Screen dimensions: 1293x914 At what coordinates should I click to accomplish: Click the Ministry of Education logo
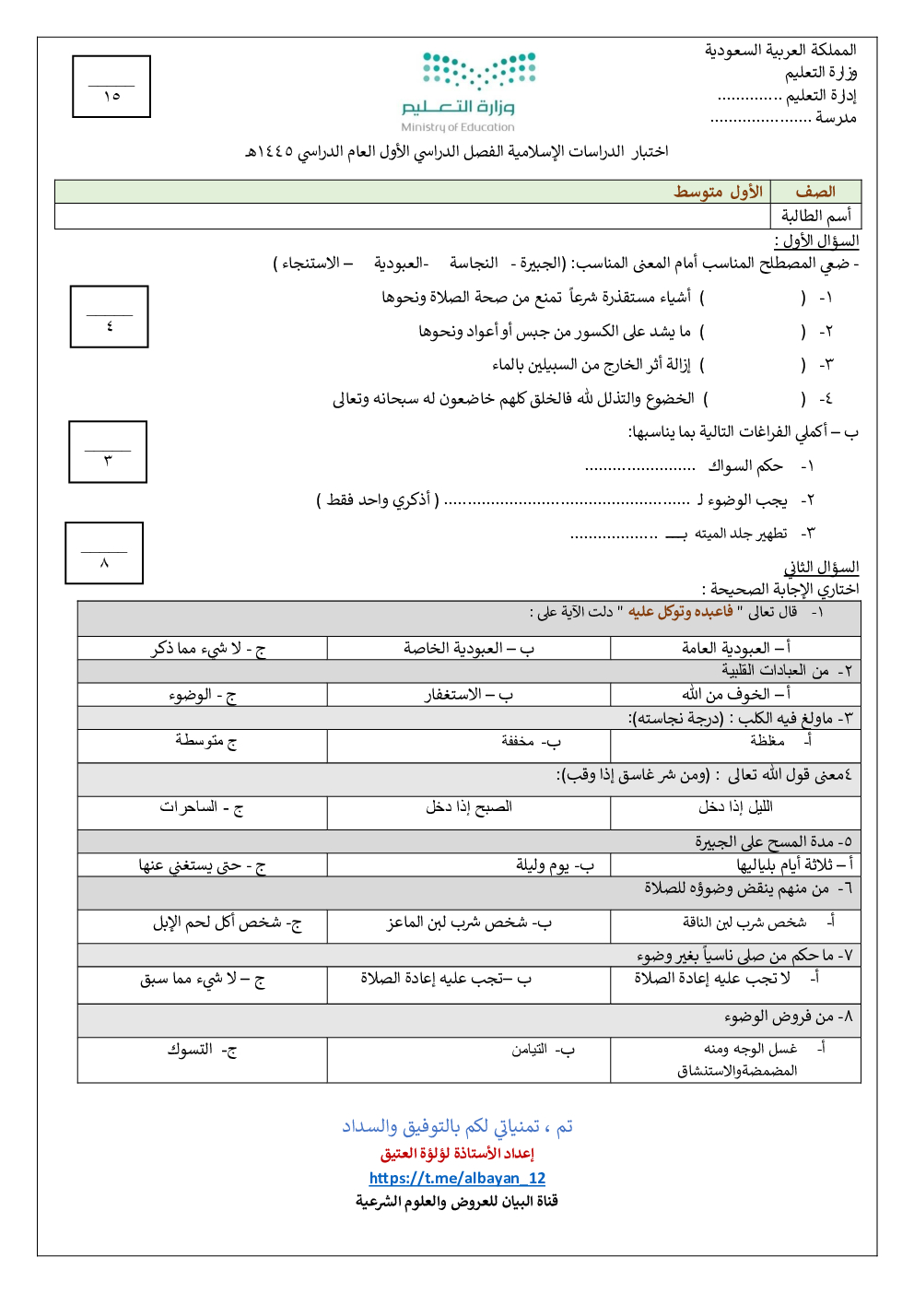tap(467, 90)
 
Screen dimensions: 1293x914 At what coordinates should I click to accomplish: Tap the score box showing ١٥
tap(111, 87)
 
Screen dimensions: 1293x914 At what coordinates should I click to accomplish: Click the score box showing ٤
tap(110, 316)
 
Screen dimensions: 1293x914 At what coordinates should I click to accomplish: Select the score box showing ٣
tap(108, 452)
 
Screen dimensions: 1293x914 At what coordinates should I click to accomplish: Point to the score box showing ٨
tap(104, 553)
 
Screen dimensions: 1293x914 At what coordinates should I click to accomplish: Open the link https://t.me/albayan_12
tap(457, 1178)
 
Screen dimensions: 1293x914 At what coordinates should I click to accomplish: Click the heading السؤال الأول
tap(816, 241)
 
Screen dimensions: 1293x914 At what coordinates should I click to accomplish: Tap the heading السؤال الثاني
tap(821, 567)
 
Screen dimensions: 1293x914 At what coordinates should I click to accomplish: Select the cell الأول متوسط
tap(718, 192)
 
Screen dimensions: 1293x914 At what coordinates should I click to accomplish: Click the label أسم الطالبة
tap(815, 216)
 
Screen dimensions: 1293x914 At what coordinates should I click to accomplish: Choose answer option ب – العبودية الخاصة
tap(468, 648)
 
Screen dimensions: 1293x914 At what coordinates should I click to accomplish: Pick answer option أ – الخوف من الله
tap(735, 694)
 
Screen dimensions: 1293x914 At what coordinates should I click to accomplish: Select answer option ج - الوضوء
tap(203, 694)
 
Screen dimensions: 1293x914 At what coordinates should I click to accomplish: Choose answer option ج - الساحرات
tap(202, 807)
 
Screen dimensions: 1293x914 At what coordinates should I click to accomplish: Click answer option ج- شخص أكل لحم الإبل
tap(227, 923)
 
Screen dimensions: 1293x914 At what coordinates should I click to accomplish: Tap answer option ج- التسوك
tap(202, 1049)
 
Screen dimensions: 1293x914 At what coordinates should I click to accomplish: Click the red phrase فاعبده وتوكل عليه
tap(681, 612)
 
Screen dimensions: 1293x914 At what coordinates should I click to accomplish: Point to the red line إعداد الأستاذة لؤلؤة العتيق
tap(457, 1153)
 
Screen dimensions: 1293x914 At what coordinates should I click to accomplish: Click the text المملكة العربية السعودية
tap(780, 50)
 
